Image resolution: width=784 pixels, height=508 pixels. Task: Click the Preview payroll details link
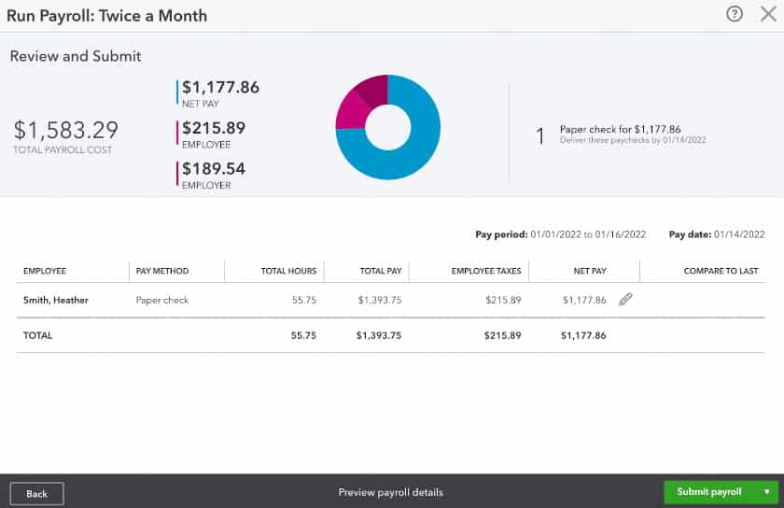coord(390,492)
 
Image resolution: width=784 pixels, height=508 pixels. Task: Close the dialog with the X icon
coord(767,15)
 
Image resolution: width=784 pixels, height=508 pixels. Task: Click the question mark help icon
coord(735,15)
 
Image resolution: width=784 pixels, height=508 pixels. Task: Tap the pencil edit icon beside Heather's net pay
coord(625,300)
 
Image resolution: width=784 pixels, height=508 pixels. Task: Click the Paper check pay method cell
coord(162,301)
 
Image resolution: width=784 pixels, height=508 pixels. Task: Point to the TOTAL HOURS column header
coord(288,271)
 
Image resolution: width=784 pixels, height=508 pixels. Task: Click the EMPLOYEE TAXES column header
coord(486,271)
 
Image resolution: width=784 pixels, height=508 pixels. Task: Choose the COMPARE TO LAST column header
coord(721,271)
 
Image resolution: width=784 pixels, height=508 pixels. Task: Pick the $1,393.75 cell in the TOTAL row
coord(379,334)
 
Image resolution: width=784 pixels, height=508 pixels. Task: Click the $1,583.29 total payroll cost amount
coord(66,130)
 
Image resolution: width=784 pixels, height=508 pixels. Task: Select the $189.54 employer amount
coord(214,168)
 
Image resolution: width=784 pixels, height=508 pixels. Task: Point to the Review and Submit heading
coord(76,56)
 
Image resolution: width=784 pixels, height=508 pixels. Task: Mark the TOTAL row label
coord(38,334)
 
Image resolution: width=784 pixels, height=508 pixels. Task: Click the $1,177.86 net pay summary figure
coord(220,88)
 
